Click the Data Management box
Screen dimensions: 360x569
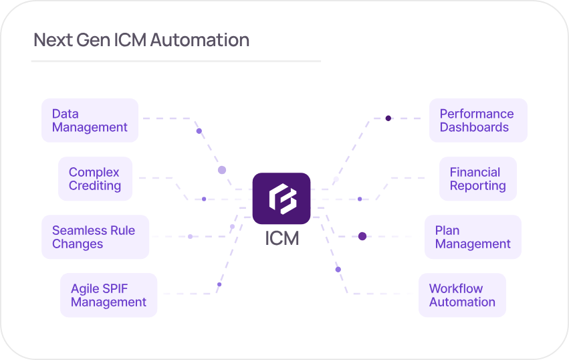[x=90, y=120]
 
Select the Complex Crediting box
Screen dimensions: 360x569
[x=95, y=179]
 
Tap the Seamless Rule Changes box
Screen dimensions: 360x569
[x=95, y=237]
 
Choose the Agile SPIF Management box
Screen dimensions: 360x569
[x=108, y=295]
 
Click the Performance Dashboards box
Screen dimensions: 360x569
[x=477, y=120]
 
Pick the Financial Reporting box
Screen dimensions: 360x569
[x=477, y=179]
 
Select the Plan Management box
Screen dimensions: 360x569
[x=473, y=237]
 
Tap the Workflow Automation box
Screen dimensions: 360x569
[x=462, y=295]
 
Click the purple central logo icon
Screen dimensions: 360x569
[x=281, y=199]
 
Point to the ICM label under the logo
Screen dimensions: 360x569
[x=281, y=238]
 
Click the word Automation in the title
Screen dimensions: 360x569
[x=199, y=40]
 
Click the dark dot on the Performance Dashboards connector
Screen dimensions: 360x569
[x=388, y=118]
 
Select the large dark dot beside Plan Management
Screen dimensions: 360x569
[x=362, y=236]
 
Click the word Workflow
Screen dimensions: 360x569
[x=456, y=288]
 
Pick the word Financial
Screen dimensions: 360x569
[x=475, y=172]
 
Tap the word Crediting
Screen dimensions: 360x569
[x=95, y=186]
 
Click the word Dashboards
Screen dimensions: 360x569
[x=474, y=127]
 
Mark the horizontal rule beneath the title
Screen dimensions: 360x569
[x=176, y=62]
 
